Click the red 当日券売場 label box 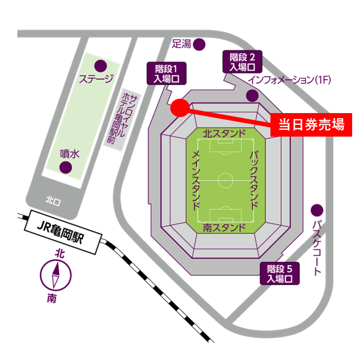click(x=311, y=125)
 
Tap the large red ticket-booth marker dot click(x=180, y=107)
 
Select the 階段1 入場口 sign click(x=166, y=73)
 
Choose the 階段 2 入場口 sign click(x=242, y=62)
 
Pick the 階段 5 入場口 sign click(x=279, y=273)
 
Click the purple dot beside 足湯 click(x=199, y=44)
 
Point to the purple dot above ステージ click(x=101, y=66)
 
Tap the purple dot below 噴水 click(x=66, y=167)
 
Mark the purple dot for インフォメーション click(x=252, y=96)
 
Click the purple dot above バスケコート click(x=317, y=210)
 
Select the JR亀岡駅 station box click(x=63, y=232)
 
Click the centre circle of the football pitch click(x=226, y=180)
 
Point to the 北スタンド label click(x=224, y=134)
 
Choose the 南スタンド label click(x=224, y=228)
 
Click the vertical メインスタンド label click(x=196, y=180)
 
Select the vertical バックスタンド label click(x=254, y=180)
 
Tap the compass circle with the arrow click(x=56, y=275)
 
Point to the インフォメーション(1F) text click(x=289, y=80)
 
